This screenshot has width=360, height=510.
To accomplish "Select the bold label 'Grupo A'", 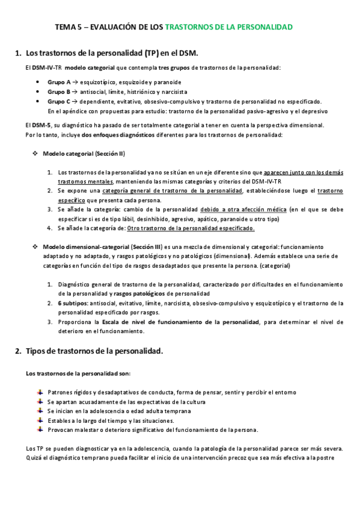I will tap(59, 82).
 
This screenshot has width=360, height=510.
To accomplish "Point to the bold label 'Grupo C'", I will tap(59, 102).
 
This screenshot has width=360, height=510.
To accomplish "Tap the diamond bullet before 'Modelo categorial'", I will tap(35, 153).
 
